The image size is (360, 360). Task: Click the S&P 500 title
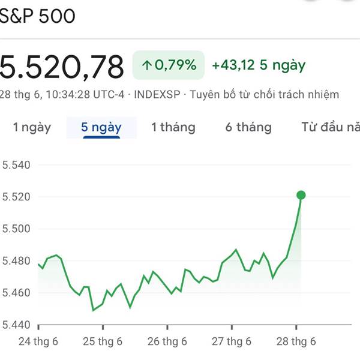click(37, 16)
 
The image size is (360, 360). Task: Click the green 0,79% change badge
click(169, 65)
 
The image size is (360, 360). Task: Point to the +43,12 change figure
click(234, 65)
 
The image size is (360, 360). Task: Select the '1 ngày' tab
click(32, 127)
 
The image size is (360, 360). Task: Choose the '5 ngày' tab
click(101, 127)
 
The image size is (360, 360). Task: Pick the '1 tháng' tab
click(173, 127)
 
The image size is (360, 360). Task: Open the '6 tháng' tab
click(248, 127)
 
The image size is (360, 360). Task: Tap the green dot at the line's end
click(301, 195)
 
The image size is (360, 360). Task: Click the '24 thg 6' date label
click(38, 341)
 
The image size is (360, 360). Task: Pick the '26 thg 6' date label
click(167, 341)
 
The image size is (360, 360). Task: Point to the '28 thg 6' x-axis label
click(296, 341)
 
